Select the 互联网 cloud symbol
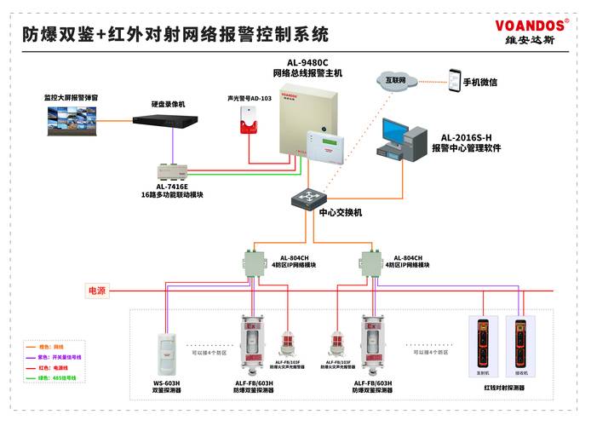click(x=397, y=80)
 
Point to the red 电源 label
click(x=97, y=291)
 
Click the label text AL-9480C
click(x=307, y=62)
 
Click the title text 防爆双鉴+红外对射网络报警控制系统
click(x=175, y=35)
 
